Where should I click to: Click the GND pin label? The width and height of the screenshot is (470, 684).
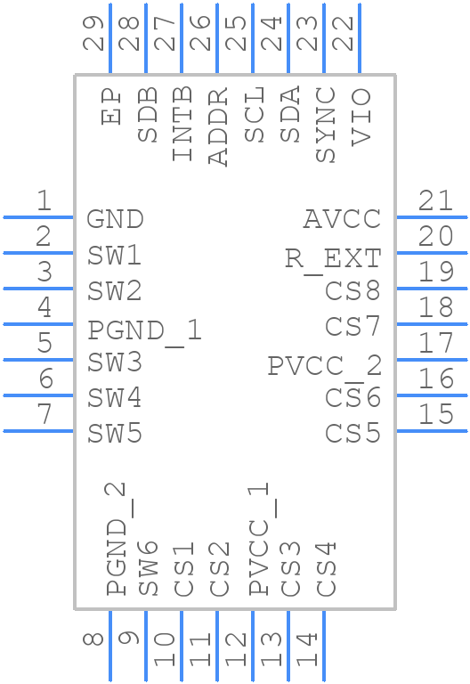click(x=115, y=219)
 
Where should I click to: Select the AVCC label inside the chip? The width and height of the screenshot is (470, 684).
click(x=342, y=219)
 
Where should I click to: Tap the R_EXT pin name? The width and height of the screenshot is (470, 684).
click(x=333, y=258)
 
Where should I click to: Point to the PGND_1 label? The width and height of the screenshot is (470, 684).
click(x=144, y=330)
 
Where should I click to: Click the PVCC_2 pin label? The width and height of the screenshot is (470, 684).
click(x=324, y=365)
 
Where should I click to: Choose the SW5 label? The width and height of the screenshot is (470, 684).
click(x=115, y=434)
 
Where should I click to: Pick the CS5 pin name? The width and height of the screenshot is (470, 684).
click(x=352, y=434)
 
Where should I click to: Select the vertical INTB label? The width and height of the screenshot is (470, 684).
click(x=182, y=124)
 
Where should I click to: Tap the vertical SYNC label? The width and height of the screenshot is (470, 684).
click(x=326, y=125)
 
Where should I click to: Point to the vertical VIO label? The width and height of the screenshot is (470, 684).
click(x=361, y=116)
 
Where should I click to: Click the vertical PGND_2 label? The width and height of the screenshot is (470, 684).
click(x=116, y=539)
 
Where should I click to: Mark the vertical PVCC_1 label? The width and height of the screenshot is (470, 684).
click(x=258, y=539)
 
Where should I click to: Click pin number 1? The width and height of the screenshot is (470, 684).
click(x=43, y=201)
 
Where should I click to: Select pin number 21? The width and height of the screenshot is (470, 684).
click(x=436, y=201)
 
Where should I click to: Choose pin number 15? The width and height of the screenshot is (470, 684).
click(x=436, y=414)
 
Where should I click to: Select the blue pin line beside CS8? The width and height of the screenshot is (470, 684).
click(x=431, y=289)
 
